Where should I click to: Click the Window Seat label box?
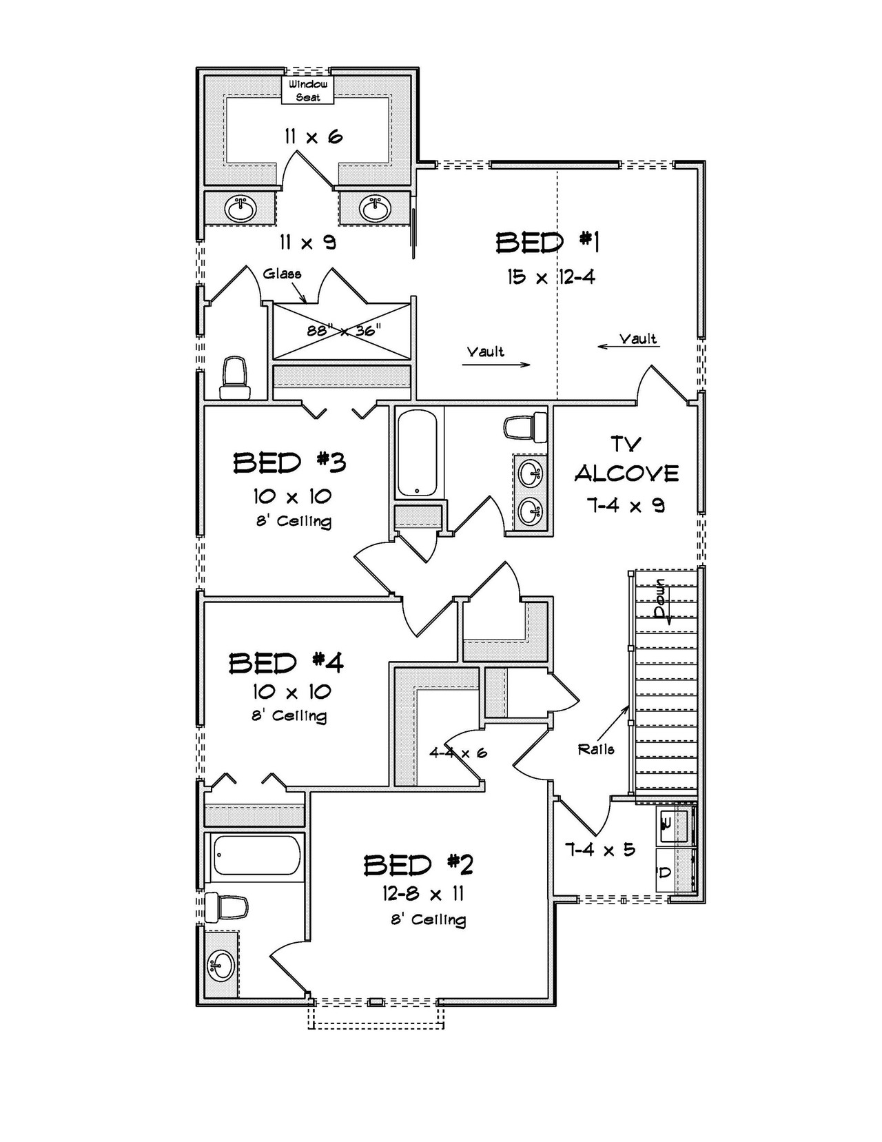click(x=308, y=90)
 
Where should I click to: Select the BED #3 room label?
click(x=289, y=462)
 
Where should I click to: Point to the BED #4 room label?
click(x=286, y=663)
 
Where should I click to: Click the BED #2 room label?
click(x=418, y=864)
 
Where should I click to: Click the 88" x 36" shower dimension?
click(x=343, y=331)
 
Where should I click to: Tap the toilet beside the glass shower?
click(x=234, y=378)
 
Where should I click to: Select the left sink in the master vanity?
click(x=241, y=208)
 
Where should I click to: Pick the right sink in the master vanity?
click(x=375, y=208)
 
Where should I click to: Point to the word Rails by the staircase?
click(x=596, y=749)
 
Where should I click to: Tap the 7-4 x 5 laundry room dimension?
click(x=599, y=850)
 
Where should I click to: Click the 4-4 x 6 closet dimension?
click(x=458, y=753)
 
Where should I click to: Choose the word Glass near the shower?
click(x=282, y=274)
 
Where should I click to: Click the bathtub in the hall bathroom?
click(x=416, y=453)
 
